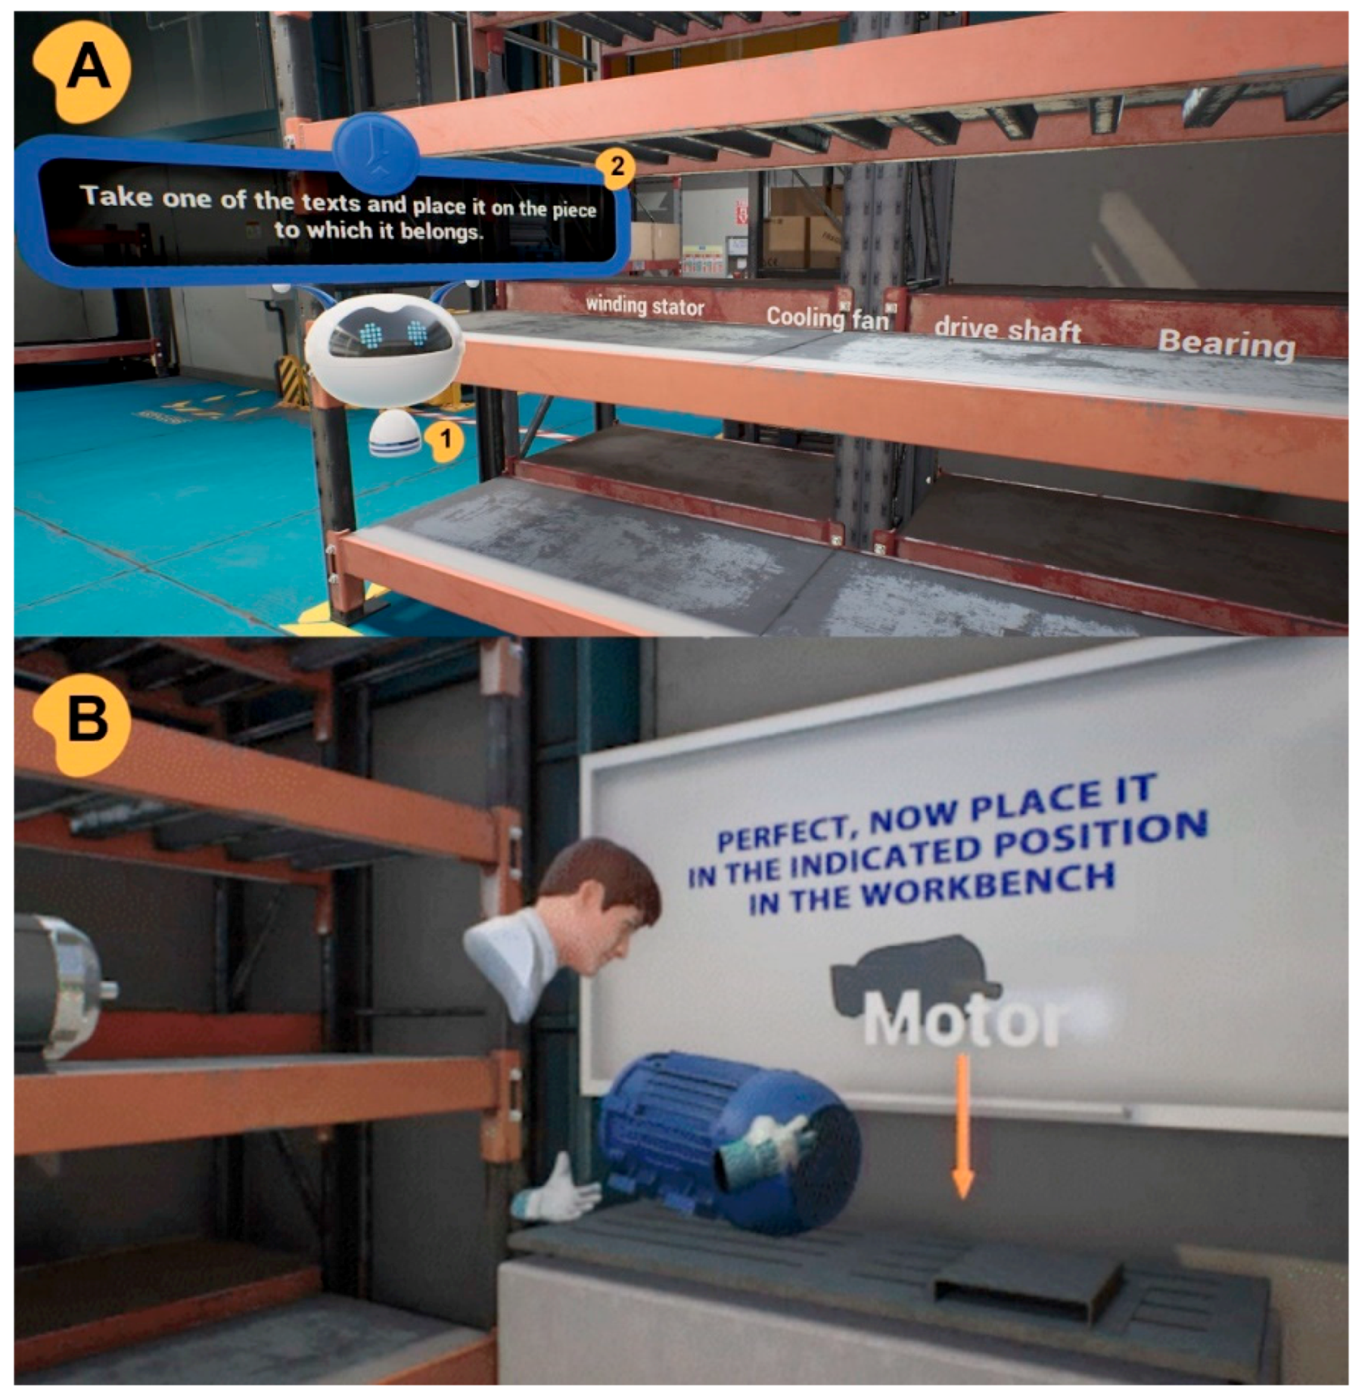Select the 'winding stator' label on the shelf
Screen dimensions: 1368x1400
click(645, 306)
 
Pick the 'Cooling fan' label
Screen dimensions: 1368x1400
click(827, 318)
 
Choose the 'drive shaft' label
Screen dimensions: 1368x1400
click(1007, 329)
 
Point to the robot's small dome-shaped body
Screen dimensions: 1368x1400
click(394, 433)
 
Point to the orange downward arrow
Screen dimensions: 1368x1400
click(962, 1126)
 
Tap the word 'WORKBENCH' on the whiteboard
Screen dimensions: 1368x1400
click(987, 886)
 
